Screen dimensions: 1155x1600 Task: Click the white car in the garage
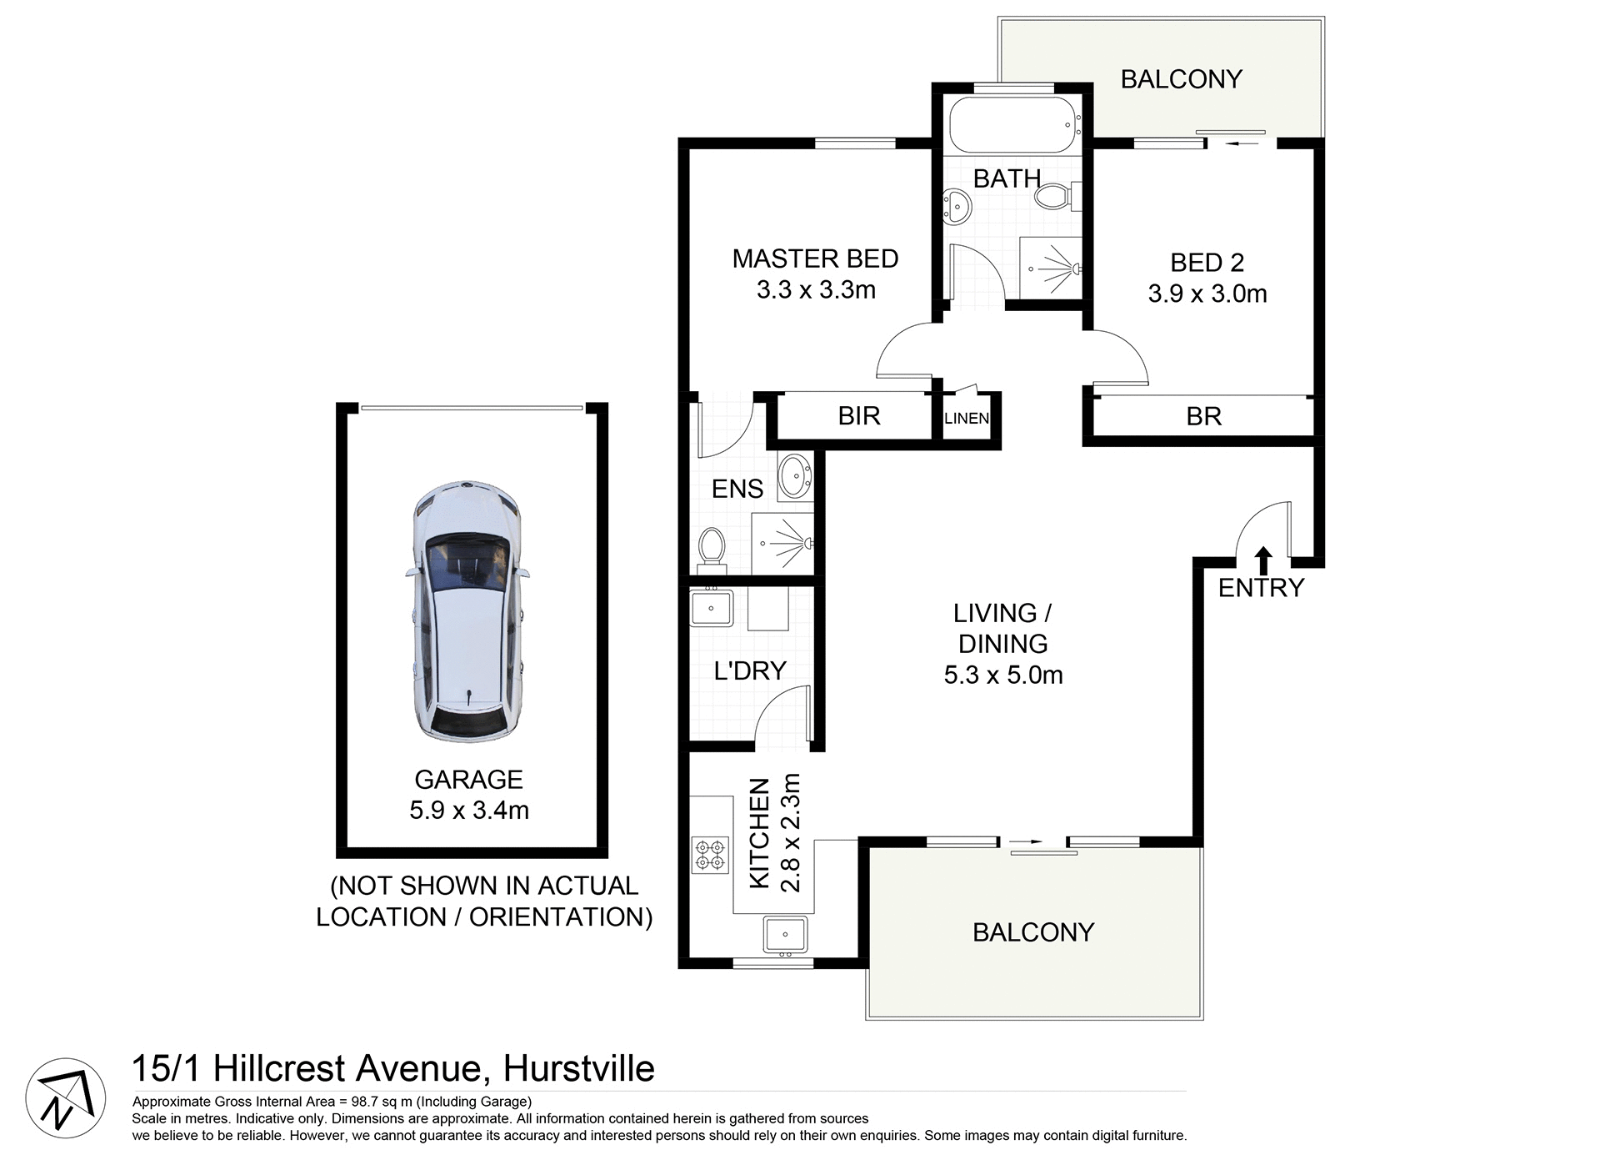[x=467, y=611]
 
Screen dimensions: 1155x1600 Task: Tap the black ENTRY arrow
[x=1263, y=559]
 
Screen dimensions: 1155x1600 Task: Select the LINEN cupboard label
[x=967, y=419]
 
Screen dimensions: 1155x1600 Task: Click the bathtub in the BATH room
[x=1012, y=125]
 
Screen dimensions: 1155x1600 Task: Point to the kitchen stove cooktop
[x=709, y=856]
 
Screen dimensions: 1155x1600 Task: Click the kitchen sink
[x=785, y=934]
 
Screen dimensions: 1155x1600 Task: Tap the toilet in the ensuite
[x=711, y=548]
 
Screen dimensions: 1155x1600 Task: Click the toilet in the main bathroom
[x=1053, y=197]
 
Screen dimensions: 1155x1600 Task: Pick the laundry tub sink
[x=710, y=607]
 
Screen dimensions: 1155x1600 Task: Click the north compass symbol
[x=65, y=1098]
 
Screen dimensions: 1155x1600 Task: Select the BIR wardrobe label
[x=858, y=416]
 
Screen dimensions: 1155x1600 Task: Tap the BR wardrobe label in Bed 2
[x=1203, y=417]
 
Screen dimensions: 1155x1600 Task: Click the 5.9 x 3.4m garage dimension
[x=469, y=810]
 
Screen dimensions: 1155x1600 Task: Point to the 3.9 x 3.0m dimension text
[x=1207, y=294]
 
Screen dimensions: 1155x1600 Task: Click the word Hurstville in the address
[x=579, y=1068]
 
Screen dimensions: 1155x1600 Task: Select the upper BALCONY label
[x=1181, y=79]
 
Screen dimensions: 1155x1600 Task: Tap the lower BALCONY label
[x=1032, y=932]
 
